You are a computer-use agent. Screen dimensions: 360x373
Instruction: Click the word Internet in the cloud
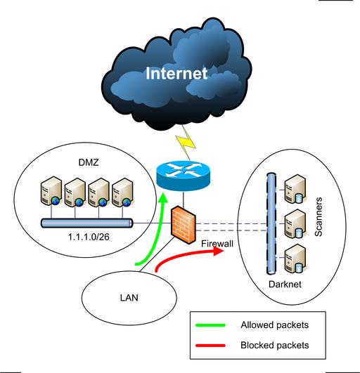click(x=176, y=73)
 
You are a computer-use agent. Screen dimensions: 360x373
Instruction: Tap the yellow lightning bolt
click(x=186, y=143)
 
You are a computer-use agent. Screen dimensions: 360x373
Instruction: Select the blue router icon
click(x=183, y=176)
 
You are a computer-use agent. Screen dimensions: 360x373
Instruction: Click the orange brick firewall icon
click(x=184, y=225)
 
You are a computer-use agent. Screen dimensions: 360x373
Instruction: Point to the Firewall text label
click(x=217, y=244)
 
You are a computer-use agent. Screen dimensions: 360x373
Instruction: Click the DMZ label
click(x=89, y=162)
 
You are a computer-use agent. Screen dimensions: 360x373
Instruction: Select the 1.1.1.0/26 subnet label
click(x=89, y=237)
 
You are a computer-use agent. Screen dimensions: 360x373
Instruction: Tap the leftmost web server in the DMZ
click(x=51, y=191)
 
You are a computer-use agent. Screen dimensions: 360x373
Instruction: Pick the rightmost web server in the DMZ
click(x=122, y=192)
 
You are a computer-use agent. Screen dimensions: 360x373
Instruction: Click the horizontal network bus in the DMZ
click(x=87, y=223)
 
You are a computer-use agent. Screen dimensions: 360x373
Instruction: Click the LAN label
click(x=129, y=298)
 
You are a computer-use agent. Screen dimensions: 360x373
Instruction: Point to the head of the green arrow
click(x=163, y=197)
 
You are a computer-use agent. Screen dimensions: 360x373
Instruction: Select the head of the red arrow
click(x=219, y=251)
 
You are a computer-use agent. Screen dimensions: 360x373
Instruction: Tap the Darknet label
click(x=285, y=284)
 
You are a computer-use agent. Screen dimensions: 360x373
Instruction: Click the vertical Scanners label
click(x=319, y=217)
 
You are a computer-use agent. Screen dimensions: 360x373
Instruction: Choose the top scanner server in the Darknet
click(x=295, y=189)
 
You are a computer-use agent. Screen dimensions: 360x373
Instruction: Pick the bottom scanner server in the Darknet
click(x=295, y=259)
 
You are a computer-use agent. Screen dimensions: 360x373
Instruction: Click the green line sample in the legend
click(x=210, y=325)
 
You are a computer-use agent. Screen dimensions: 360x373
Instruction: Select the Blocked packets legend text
click(x=274, y=345)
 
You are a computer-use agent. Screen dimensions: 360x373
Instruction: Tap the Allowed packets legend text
click(x=274, y=325)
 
